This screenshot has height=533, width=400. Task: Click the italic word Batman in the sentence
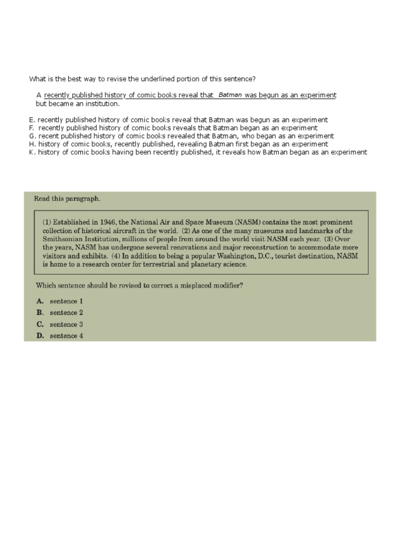[x=230, y=95]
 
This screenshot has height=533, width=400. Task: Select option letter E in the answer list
[x=31, y=120]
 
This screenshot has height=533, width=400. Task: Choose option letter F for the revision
[x=31, y=128]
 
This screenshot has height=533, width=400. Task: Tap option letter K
[x=32, y=152]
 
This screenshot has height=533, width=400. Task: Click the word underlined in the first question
[x=152, y=79]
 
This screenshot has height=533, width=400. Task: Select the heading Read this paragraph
[x=67, y=198]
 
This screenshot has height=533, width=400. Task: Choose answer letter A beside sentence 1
[x=40, y=301]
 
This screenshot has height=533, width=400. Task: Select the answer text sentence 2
[x=66, y=313]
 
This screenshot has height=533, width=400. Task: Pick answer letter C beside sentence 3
[x=40, y=324]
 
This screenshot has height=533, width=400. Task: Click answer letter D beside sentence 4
[x=40, y=336]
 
